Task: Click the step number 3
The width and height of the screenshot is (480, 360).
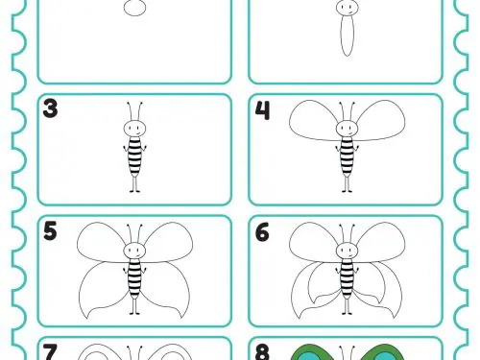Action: (x=50, y=108)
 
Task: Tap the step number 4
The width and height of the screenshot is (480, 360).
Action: (x=263, y=110)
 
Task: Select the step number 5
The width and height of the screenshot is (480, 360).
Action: (x=50, y=230)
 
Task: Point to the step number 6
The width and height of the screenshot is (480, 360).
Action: (x=262, y=232)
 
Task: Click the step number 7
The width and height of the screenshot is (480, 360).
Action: (x=50, y=352)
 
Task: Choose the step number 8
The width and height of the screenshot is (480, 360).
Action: (x=262, y=352)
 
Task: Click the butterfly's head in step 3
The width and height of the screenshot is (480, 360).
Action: (x=134, y=129)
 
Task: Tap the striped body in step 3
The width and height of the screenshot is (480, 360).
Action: (x=134, y=156)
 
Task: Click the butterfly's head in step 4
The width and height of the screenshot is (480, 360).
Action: (x=347, y=129)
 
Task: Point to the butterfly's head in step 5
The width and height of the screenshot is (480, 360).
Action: (x=134, y=251)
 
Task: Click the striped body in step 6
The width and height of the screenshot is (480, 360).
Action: (x=347, y=277)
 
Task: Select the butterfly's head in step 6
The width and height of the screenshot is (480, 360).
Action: (x=347, y=251)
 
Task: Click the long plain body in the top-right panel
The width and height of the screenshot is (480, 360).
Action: (x=347, y=36)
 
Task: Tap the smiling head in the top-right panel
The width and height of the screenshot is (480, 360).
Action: (x=347, y=7)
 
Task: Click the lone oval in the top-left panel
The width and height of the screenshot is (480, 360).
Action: (x=134, y=8)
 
